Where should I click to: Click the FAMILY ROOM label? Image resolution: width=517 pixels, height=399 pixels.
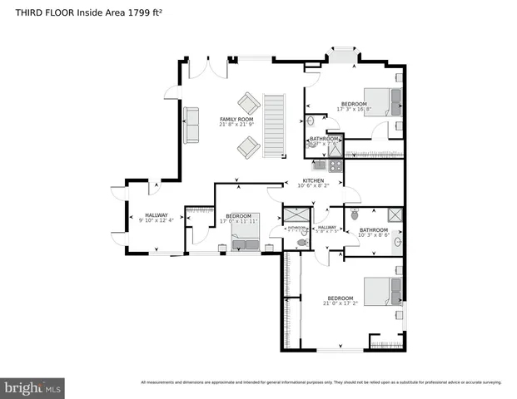point(236,120)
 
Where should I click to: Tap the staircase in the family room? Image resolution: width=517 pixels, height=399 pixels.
point(274,124)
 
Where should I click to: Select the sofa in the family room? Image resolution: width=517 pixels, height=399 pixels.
point(191,125)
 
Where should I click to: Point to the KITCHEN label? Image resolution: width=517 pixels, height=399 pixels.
point(313,180)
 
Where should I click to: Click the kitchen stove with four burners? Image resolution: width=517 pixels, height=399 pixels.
point(332,165)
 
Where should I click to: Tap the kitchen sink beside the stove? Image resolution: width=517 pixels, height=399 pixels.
point(318,165)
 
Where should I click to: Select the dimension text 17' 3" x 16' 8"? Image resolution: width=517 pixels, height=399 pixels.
point(354,109)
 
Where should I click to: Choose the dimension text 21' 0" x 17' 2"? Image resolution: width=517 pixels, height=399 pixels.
point(341,303)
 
